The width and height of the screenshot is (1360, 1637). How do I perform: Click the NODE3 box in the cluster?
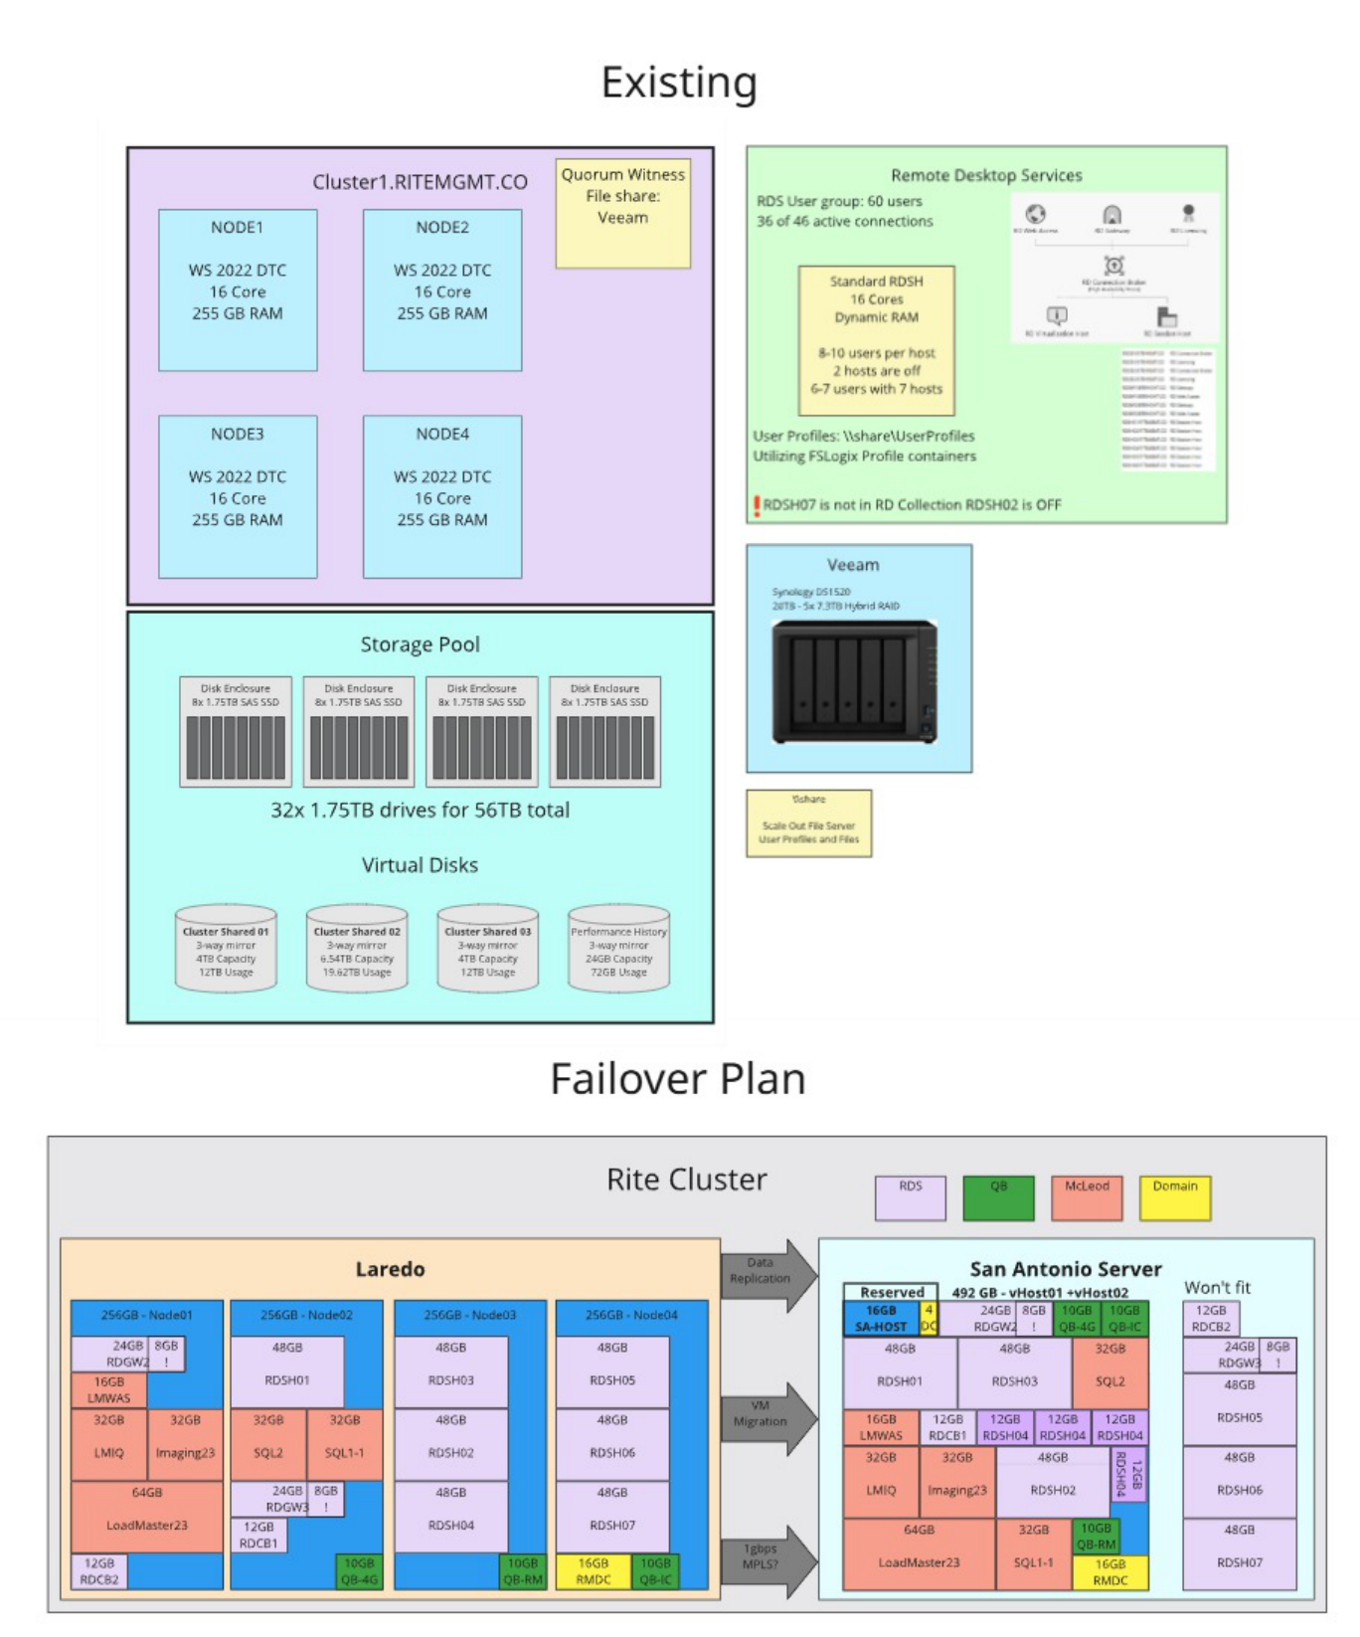pyautogui.click(x=238, y=495)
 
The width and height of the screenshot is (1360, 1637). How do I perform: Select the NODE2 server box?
pyautogui.click(x=442, y=289)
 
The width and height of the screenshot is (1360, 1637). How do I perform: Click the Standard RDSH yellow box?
pyautogui.click(x=876, y=339)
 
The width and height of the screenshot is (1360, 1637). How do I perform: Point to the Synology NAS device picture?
pyautogui.click(x=855, y=681)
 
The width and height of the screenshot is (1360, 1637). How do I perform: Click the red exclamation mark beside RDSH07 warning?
pyautogui.click(x=757, y=506)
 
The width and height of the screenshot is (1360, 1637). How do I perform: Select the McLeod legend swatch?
pyautogui.click(x=1087, y=1197)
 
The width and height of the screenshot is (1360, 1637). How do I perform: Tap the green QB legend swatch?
pyautogui.click(x=998, y=1197)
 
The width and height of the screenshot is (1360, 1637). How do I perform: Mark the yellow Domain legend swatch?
pyautogui.click(x=1175, y=1197)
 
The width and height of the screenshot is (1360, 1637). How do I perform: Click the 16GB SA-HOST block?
pyautogui.click(x=881, y=1319)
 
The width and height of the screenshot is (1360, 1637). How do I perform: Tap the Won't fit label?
pyautogui.click(x=1217, y=1287)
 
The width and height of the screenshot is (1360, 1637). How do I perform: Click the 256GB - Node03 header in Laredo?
pyautogui.click(x=469, y=1315)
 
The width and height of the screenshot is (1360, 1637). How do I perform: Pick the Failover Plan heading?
pyautogui.click(x=678, y=1079)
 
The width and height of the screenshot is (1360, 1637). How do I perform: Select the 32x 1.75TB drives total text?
pyautogui.click(x=420, y=810)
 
